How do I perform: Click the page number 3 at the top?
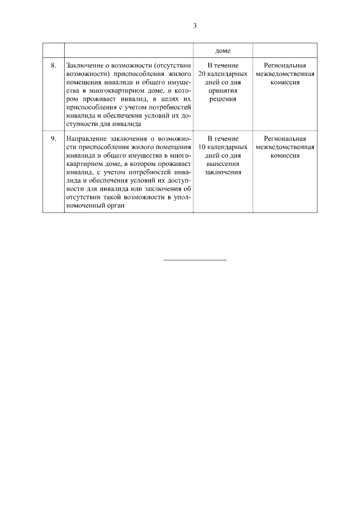195,26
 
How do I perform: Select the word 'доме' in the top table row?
223,50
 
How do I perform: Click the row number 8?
53,66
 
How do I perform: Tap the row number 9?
53,139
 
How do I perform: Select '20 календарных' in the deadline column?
223,74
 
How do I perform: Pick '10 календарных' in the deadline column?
223,147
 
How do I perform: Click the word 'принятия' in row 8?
223,91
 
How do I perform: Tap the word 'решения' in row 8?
223,99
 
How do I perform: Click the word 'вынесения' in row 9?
223,164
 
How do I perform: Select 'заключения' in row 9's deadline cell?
223,172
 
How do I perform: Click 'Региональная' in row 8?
284,66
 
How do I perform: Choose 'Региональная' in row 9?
284,139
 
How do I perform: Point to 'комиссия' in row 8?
284,83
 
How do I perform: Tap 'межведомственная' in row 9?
284,147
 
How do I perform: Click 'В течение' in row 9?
223,139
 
